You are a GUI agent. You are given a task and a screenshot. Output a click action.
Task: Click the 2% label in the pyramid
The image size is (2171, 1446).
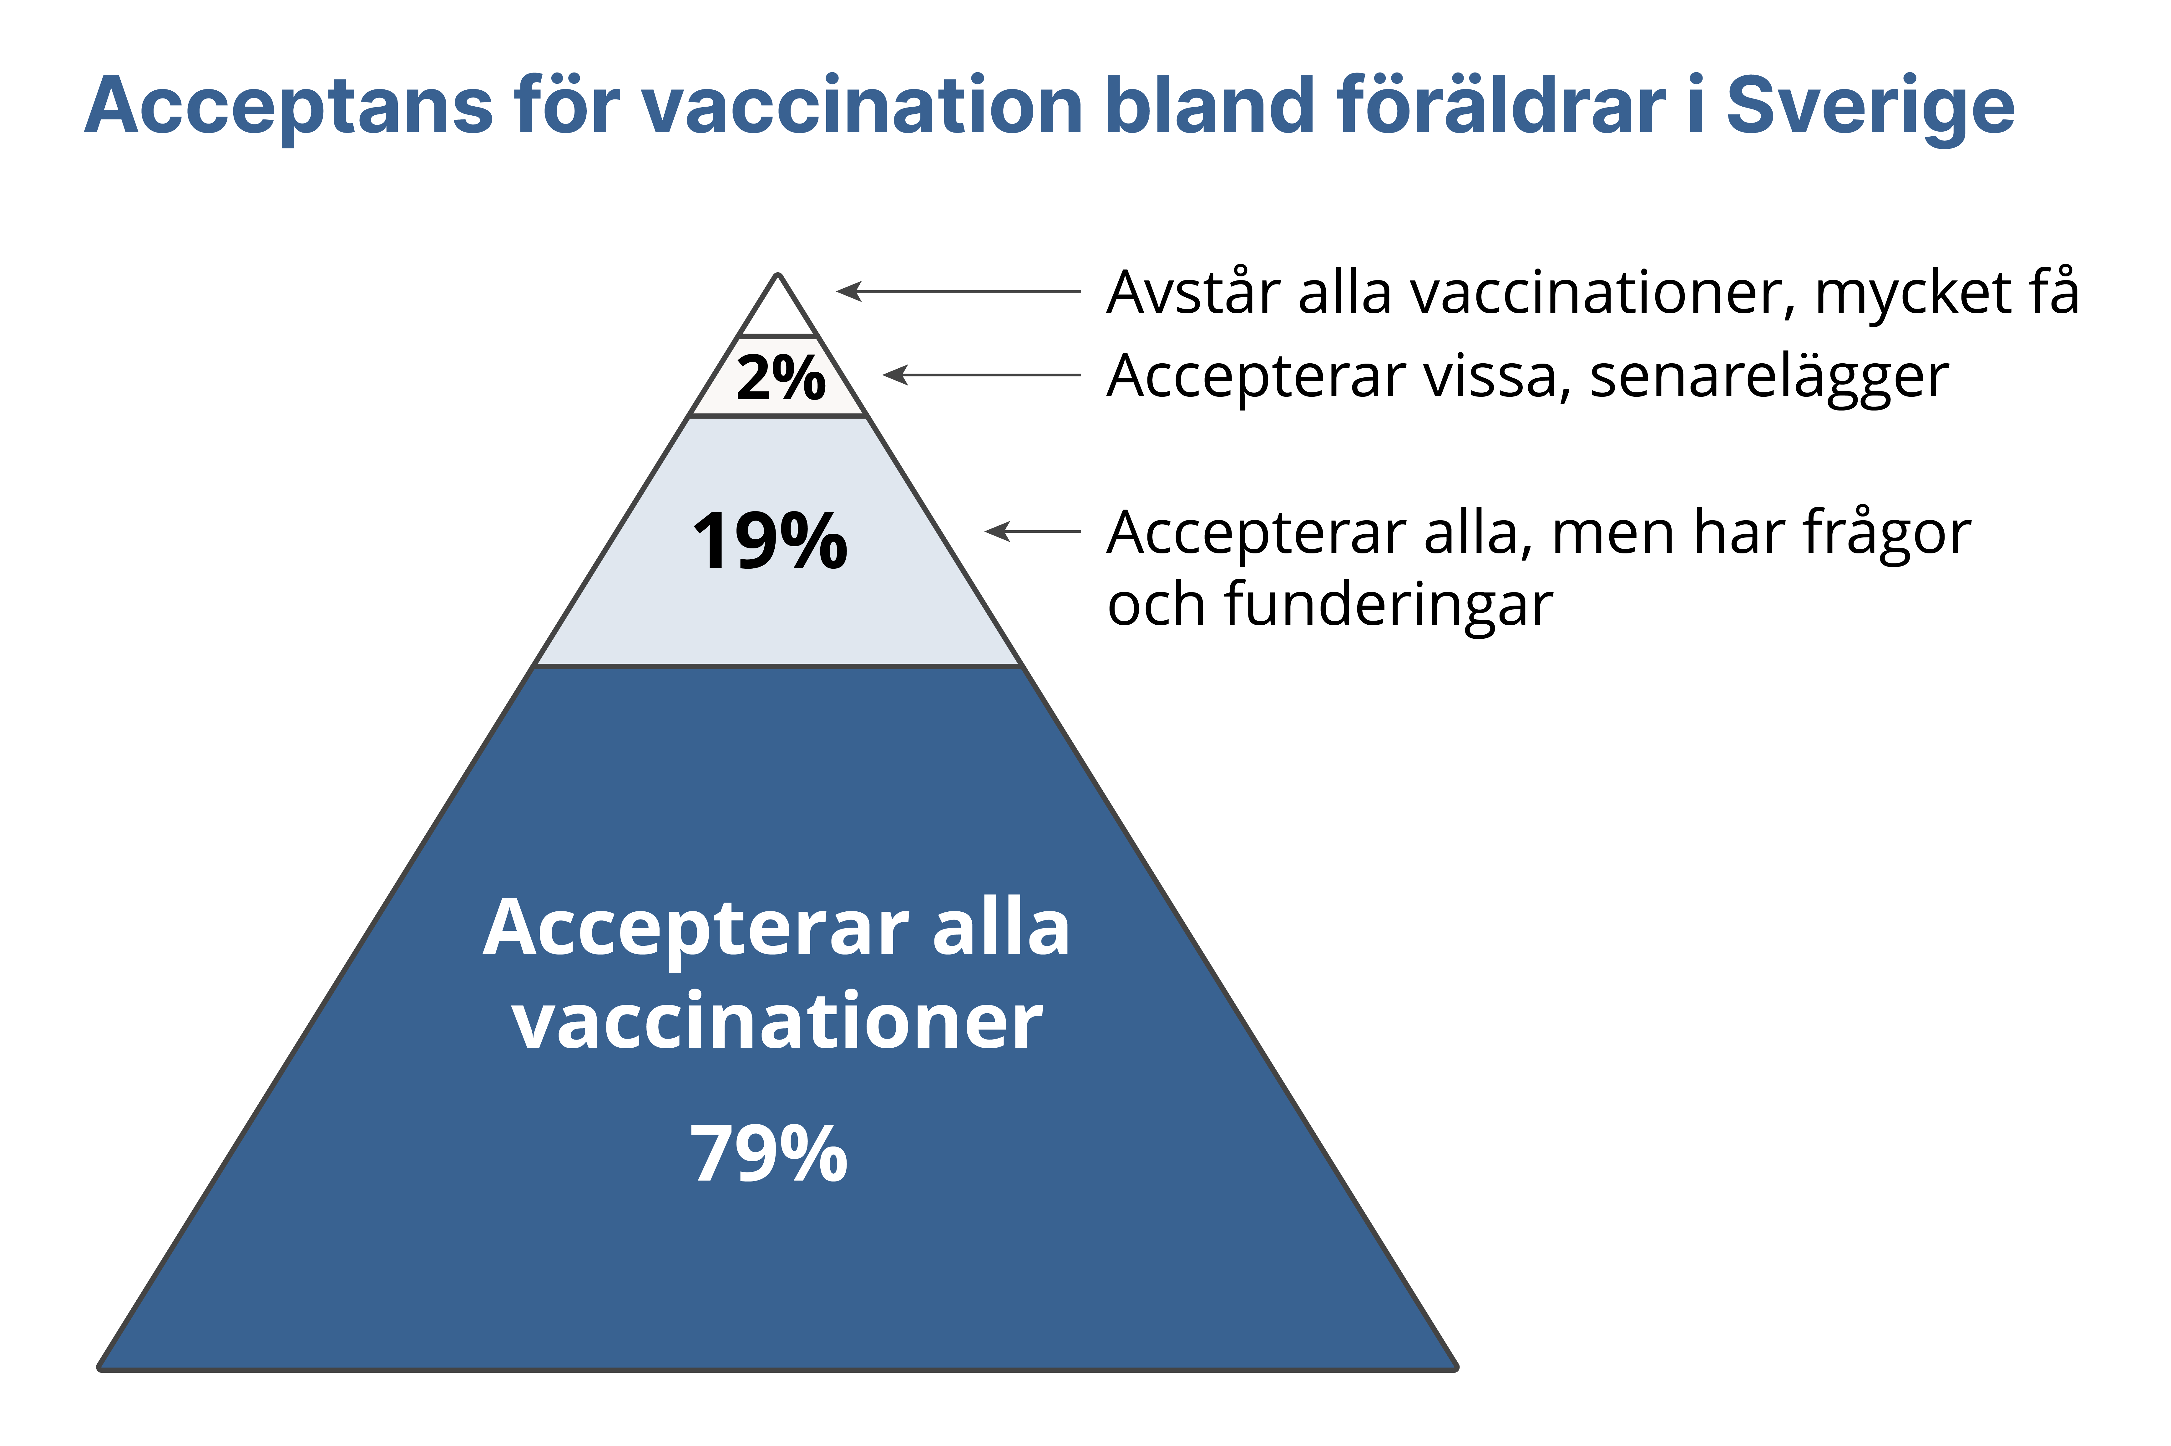point(780,378)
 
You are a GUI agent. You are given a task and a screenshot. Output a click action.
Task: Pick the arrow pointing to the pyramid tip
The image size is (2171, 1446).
point(958,291)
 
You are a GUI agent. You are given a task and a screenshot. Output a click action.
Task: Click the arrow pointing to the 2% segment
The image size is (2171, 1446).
point(981,375)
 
